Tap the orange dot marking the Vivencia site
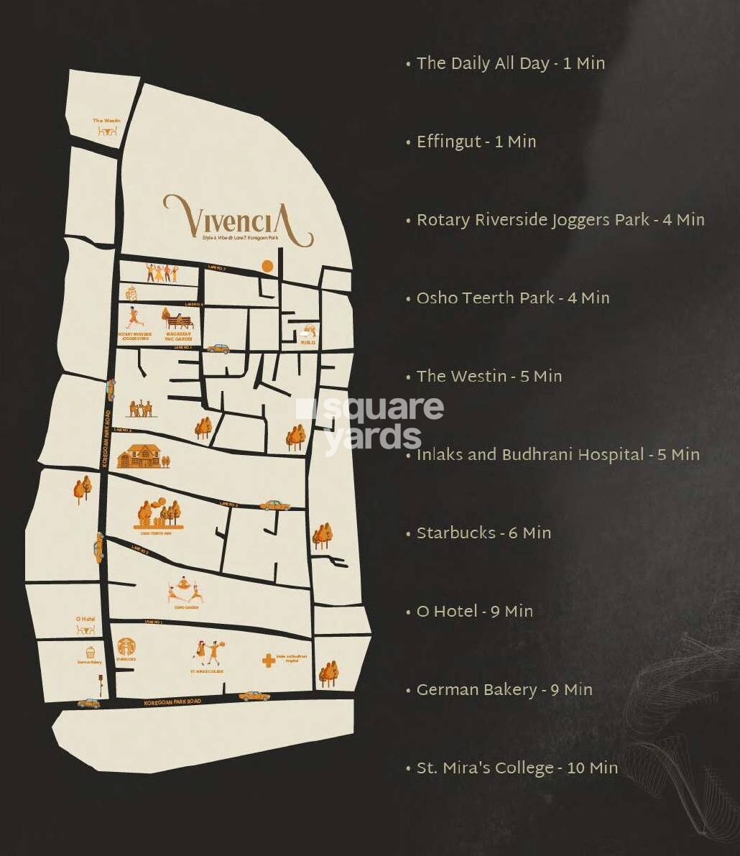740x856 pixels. click(x=267, y=267)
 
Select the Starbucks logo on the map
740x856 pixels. click(x=126, y=646)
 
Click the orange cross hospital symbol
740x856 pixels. click(x=268, y=661)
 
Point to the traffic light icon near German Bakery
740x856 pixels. click(x=101, y=684)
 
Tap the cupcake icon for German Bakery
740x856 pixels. click(x=91, y=653)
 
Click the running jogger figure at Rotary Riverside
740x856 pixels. click(x=131, y=317)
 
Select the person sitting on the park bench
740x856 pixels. click(x=180, y=321)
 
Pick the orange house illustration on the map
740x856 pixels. click(x=140, y=456)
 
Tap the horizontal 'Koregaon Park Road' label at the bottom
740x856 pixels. click(x=172, y=701)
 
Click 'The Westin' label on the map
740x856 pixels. click(x=106, y=121)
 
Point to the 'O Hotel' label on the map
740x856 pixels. click(x=85, y=619)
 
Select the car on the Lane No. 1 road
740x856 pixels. click(x=254, y=696)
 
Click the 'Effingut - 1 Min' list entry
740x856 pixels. click(x=476, y=142)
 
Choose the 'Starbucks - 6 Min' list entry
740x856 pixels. click(x=484, y=533)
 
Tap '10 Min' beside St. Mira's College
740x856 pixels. click(x=593, y=768)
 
